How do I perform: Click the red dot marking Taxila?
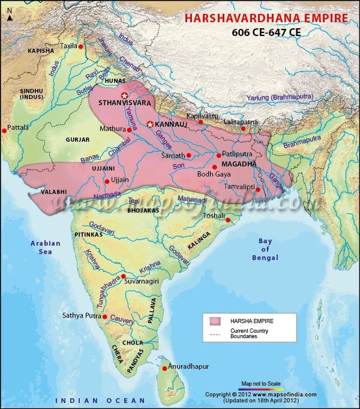(x=80, y=46)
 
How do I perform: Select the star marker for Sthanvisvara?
(x=125, y=95)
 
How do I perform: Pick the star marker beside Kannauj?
(x=149, y=124)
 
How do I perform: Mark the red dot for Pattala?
(x=4, y=130)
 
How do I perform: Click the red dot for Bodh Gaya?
(x=215, y=167)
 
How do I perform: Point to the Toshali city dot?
(x=229, y=220)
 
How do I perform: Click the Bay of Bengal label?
(x=265, y=249)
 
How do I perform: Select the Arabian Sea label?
(x=46, y=247)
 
